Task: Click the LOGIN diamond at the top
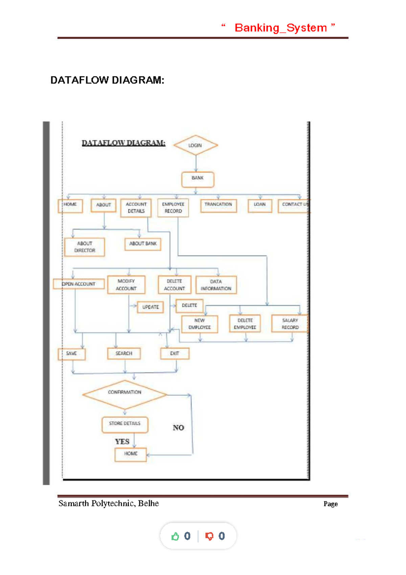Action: coord(195,145)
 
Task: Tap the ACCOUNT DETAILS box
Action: coord(136,208)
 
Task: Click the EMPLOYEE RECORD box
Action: coord(173,208)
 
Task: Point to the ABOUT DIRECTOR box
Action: coord(85,247)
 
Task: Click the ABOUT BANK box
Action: coord(143,244)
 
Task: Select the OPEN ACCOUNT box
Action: coord(78,284)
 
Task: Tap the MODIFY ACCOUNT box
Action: coord(126,285)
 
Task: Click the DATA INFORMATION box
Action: coord(216,285)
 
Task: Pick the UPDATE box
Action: coord(150,307)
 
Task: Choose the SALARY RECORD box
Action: coord(290,324)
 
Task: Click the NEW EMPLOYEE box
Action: coord(200,324)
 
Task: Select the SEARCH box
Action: coord(124,354)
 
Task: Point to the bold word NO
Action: coord(178,428)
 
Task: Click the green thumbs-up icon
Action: coord(175,536)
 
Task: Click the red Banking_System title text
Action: coord(280,28)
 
